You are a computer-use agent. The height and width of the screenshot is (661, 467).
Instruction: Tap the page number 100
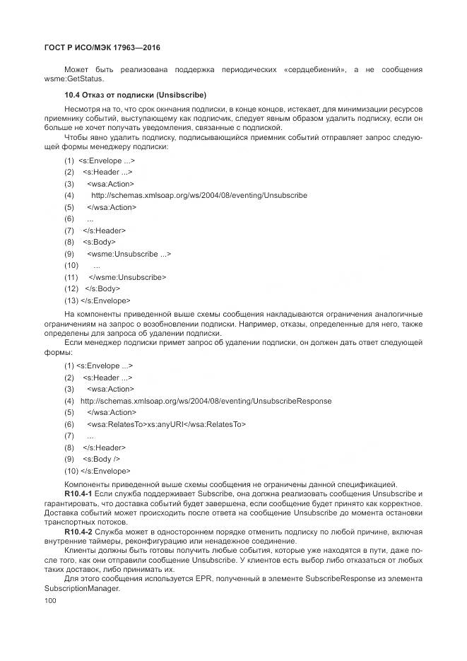pos(49,600)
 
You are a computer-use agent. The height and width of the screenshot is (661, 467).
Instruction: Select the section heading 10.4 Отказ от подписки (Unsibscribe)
pos(135,95)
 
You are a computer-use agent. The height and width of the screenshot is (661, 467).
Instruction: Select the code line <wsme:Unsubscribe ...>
pos(129,253)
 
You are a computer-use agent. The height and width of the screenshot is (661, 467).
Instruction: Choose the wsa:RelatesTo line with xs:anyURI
pos(166,424)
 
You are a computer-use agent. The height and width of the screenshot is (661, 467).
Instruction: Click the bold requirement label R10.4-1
pos(78,493)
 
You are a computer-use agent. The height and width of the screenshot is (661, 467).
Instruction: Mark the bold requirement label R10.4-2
pos(78,531)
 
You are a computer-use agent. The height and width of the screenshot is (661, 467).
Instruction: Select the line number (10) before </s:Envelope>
pos(71,470)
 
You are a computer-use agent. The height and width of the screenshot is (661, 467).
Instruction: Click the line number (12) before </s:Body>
pos(71,288)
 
